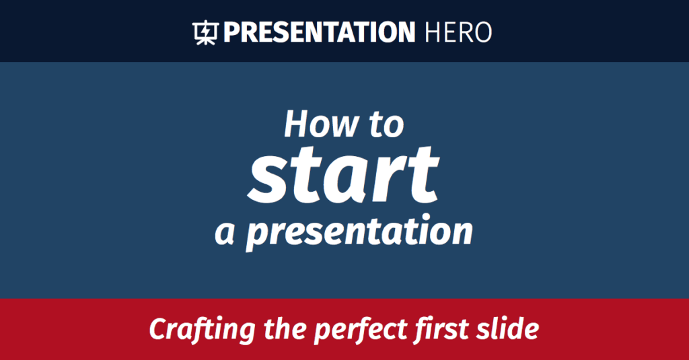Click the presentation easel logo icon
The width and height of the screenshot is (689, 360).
tap(204, 32)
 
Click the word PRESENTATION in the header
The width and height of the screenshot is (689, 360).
tap(319, 32)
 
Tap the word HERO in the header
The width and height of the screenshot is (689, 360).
tap(458, 32)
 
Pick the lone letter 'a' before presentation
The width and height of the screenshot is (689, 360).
tap(225, 232)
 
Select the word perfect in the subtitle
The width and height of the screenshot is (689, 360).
tap(349, 330)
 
